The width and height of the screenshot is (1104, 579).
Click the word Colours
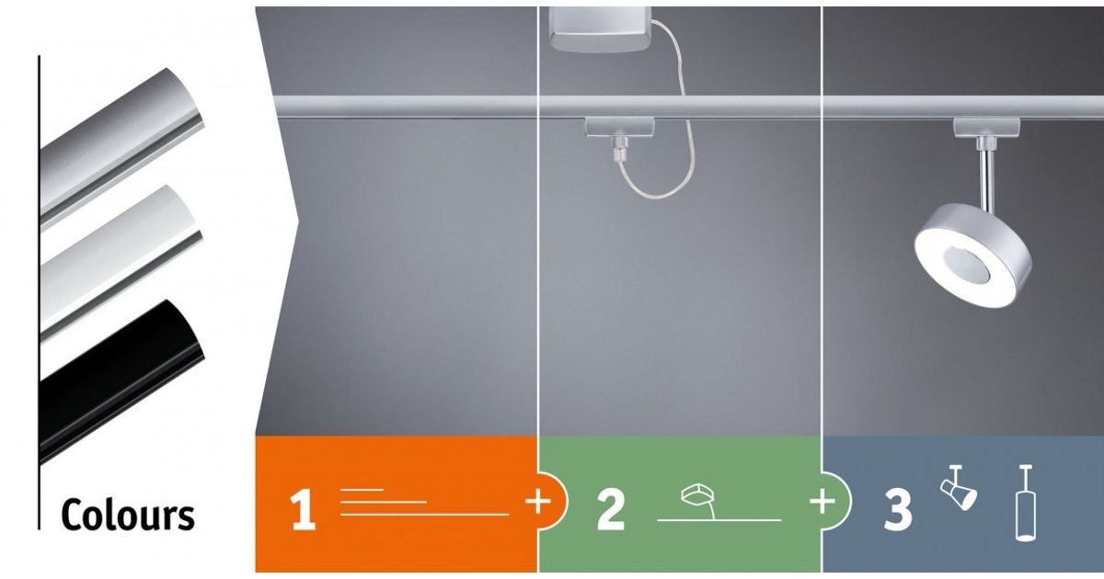click(x=128, y=515)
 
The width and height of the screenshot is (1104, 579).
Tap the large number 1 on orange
click(x=303, y=511)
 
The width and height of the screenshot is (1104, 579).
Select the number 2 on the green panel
click(x=611, y=511)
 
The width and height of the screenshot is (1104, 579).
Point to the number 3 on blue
click(x=898, y=511)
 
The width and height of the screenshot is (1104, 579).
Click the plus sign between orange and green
click(x=537, y=502)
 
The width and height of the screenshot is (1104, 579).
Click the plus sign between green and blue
click(x=822, y=502)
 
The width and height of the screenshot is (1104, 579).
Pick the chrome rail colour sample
click(x=121, y=148)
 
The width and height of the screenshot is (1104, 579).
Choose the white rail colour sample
click(x=121, y=264)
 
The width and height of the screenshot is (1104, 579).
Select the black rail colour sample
click(x=121, y=381)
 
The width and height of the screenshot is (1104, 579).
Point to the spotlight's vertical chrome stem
click(x=987, y=177)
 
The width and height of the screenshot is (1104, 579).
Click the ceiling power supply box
click(x=600, y=28)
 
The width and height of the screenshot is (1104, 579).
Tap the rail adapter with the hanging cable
click(x=620, y=134)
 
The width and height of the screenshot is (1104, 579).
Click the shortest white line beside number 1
click(x=362, y=490)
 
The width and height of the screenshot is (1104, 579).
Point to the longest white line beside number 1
click(x=424, y=515)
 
